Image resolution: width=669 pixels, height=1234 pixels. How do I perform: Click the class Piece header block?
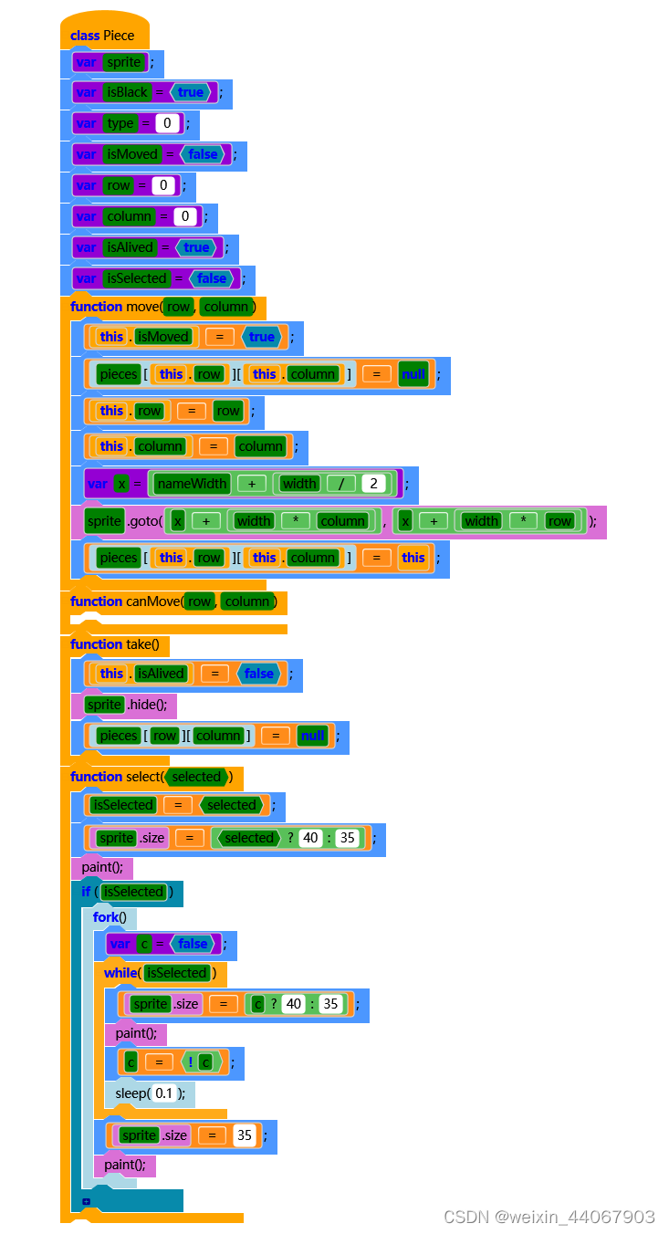(102, 36)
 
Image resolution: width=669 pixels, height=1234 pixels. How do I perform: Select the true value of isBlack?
(191, 92)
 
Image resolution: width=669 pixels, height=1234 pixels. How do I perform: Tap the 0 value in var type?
(167, 123)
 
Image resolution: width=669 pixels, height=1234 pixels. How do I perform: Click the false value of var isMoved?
(203, 154)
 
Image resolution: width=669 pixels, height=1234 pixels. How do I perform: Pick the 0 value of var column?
(185, 216)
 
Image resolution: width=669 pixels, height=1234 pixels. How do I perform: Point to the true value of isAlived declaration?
(196, 247)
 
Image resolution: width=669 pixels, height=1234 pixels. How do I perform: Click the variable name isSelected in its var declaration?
(137, 278)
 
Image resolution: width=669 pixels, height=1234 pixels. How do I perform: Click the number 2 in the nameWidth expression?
(373, 484)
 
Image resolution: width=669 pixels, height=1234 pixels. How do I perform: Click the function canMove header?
(125, 601)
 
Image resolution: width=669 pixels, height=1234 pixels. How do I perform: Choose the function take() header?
(114, 644)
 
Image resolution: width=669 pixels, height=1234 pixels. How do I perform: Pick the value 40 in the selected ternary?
(311, 838)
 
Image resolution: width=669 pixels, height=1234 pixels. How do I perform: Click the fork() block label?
(110, 917)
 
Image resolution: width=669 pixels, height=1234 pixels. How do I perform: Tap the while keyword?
(120, 973)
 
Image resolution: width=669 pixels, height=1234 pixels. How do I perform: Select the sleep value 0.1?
(163, 1093)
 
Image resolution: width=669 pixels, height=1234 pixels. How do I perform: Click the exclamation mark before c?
(190, 1062)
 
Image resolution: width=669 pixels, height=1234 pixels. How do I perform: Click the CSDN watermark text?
(549, 1217)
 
